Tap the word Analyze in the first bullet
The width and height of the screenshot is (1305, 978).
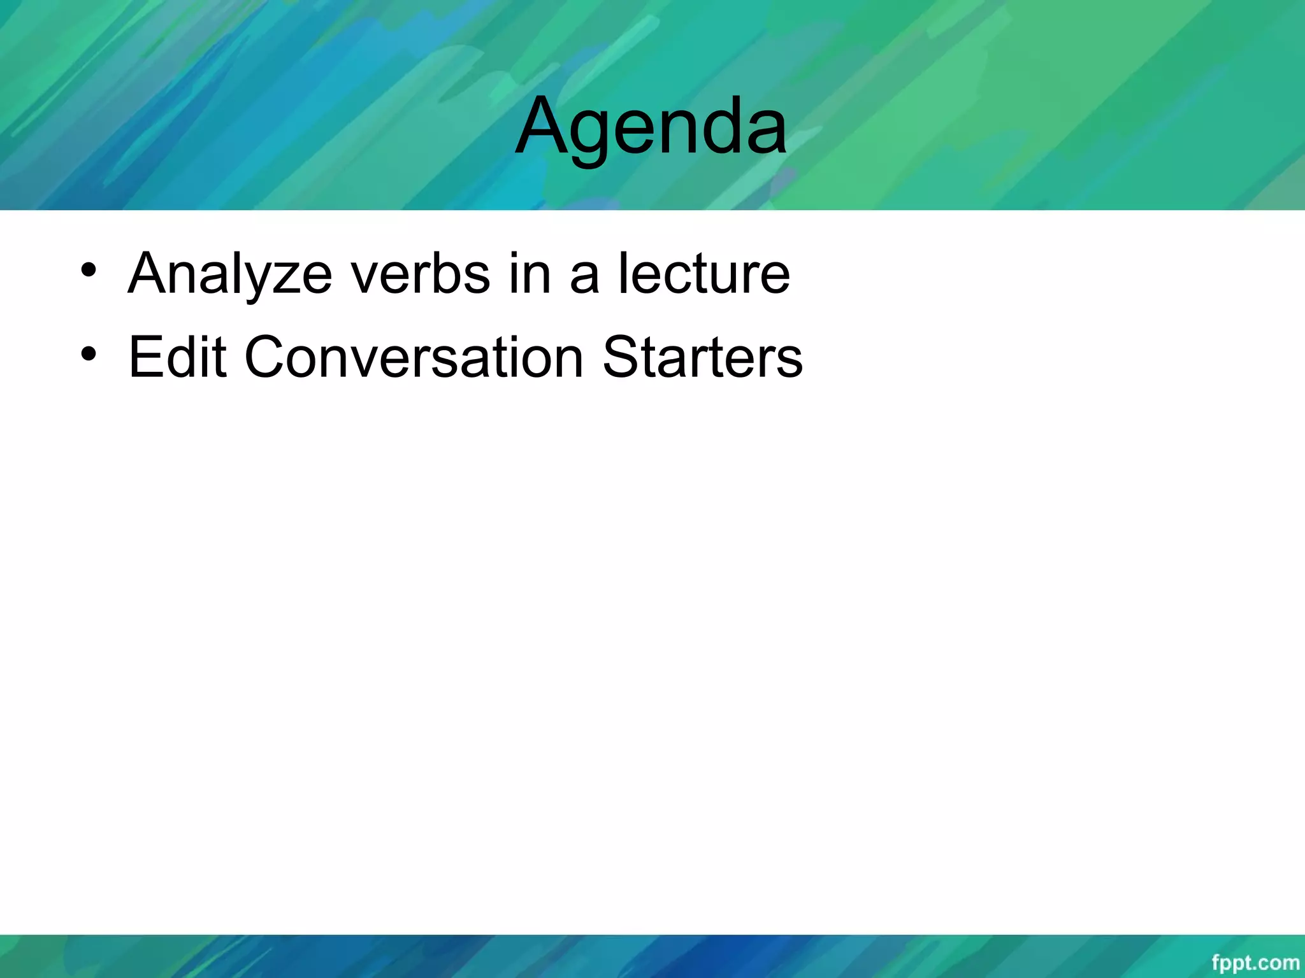[x=230, y=274]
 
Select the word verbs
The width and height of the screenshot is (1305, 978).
[x=421, y=274]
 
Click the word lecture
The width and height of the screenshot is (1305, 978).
[x=704, y=274]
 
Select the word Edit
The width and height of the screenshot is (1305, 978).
[x=177, y=357]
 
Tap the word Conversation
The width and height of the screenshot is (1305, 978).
[x=414, y=357]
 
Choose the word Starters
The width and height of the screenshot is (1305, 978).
[x=702, y=357]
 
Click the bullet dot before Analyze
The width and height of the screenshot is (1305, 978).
[x=89, y=270]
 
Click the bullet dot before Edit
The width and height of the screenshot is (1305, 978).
[x=89, y=353]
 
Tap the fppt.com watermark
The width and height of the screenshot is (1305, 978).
[x=1255, y=962]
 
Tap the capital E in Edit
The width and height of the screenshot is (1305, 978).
[x=143, y=357]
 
